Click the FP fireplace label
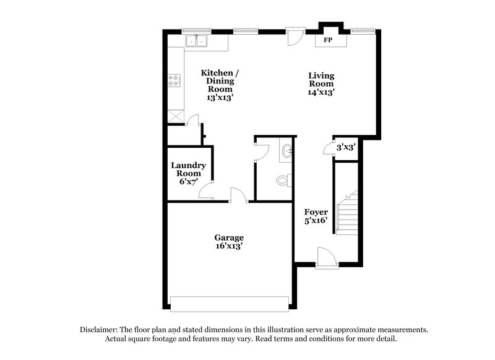[327, 40]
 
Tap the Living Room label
[321, 80]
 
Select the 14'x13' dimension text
[321, 92]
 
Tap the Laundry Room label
[188, 169]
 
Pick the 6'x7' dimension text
[188, 182]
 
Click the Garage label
[229, 237]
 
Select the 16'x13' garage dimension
[229, 246]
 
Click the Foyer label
[316, 212]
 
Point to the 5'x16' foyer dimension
[316, 221]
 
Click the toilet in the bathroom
[283, 181]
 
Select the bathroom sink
[287, 151]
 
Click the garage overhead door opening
[230, 304]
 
